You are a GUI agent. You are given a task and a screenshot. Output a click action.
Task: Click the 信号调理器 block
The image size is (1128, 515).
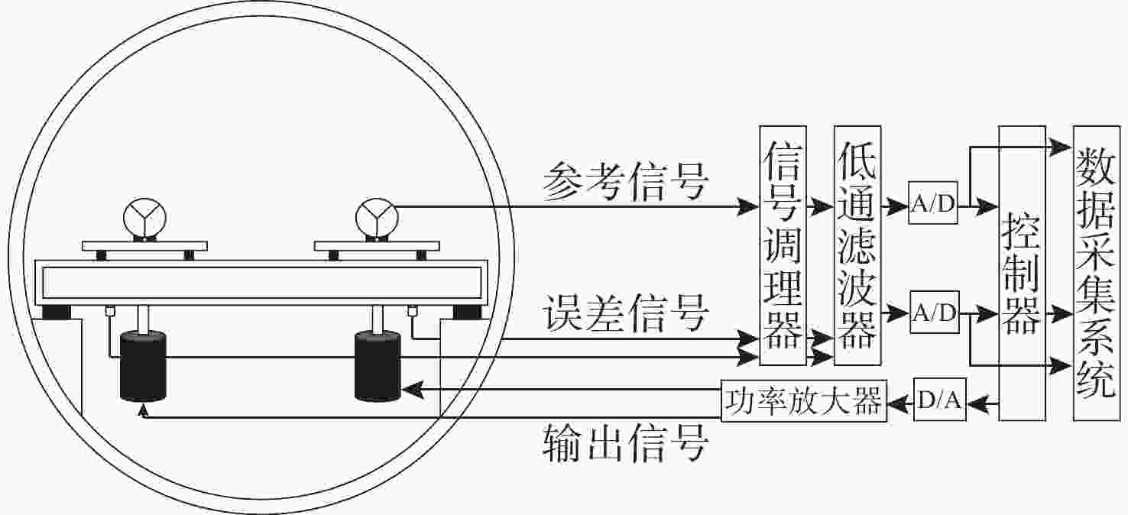(x=783, y=245)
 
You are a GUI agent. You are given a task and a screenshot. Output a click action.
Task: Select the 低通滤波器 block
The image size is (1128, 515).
(x=858, y=245)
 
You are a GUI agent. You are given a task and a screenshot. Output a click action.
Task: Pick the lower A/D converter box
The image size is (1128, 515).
(x=933, y=313)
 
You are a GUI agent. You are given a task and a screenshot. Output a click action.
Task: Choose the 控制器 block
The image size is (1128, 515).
(x=1023, y=274)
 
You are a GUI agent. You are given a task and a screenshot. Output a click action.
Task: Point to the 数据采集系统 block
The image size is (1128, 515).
(x=1096, y=274)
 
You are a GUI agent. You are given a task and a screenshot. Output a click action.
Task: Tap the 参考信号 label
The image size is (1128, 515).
(x=625, y=182)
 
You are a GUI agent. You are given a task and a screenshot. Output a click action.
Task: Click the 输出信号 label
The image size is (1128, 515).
(x=625, y=442)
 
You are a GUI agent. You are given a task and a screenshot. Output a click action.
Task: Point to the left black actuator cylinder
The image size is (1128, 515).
(x=143, y=366)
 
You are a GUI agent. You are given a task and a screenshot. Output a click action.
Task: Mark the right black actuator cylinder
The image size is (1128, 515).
(x=378, y=366)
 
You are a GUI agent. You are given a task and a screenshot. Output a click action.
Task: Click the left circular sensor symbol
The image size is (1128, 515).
(x=143, y=215)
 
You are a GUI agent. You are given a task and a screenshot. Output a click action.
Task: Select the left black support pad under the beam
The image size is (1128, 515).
(x=57, y=312)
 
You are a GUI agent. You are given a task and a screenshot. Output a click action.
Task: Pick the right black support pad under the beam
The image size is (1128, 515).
(x=467, y=312)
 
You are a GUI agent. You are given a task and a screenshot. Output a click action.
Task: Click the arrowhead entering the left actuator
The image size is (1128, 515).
(x=143, y=410)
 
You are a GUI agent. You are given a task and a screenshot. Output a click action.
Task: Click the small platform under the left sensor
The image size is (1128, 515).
(x=145, y=246)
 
